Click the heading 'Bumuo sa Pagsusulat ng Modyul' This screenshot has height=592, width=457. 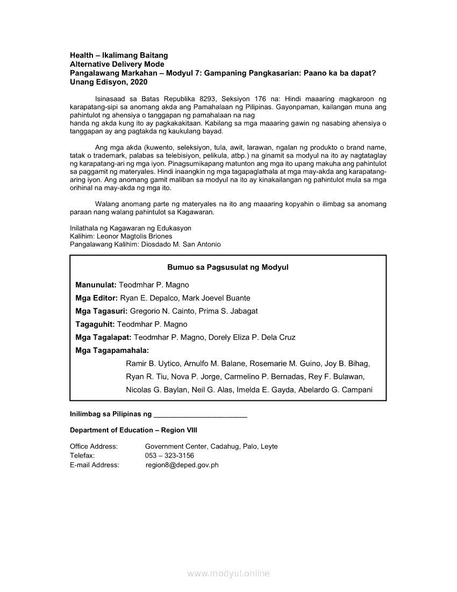tap(228, 267)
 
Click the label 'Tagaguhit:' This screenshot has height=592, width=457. tap(95, 325)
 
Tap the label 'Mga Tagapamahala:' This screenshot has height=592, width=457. tap(112, 351)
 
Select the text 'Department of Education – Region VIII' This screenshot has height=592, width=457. tap(134, 430)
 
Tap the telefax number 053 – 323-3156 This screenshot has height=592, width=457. tap(169, 455)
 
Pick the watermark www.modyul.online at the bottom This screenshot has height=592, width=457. tap(228, 574)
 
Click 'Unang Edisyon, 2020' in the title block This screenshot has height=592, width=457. tap(109, 82)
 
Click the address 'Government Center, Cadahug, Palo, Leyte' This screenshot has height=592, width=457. tap(211, 446)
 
